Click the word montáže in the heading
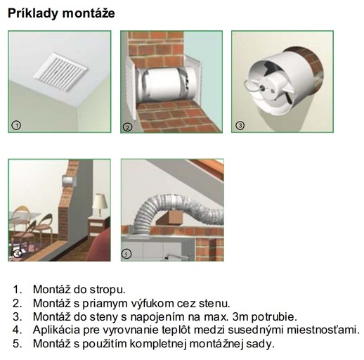click(x=89, y=13)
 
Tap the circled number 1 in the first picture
click(x=16, y=125)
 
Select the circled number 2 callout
click(x=128, y=127)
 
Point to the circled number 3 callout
click(x=240, y=125)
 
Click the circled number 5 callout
click(x=126, y=254)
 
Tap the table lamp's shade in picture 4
click(x=100, y=201)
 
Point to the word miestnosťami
click(x=323, y=330)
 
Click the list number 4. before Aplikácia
click(x=18, y=330)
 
